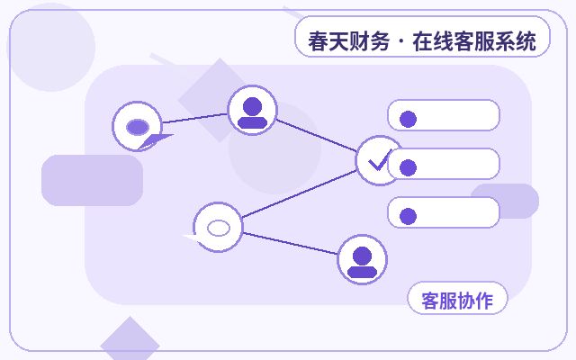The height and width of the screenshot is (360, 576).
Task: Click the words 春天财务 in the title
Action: [348, 41]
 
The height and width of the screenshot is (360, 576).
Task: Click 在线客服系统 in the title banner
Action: [474, 41]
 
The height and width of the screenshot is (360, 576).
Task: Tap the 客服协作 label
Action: [457, 301]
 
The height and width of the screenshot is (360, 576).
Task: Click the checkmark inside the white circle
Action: [379, 161]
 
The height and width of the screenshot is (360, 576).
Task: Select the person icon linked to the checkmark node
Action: [252, 112]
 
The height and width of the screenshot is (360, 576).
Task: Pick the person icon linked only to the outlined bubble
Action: [362, 262]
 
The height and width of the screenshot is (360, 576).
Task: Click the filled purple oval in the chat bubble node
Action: [138, 127]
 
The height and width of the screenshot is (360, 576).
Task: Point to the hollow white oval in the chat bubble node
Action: [219, 228]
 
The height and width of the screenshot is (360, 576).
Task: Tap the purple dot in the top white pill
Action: [408, 119]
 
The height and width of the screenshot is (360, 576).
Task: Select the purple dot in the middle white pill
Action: [408, 167]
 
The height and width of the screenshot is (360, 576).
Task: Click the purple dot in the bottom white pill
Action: [408, 216]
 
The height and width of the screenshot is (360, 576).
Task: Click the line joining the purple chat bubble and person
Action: [195, 118]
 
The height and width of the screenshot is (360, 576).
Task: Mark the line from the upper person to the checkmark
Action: [316, 135]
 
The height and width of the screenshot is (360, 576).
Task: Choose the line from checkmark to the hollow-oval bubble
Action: [299, 193]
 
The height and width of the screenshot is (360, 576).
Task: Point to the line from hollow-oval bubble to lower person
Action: [290, 243]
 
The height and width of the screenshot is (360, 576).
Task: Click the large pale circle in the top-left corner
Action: [51, 47]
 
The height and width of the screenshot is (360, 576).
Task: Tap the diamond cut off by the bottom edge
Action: [130, 340]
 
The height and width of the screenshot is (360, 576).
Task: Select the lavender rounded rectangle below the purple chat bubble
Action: [92, 180]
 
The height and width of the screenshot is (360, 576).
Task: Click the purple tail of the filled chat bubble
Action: [154, 141]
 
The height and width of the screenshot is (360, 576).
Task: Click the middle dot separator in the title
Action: [400, 41]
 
